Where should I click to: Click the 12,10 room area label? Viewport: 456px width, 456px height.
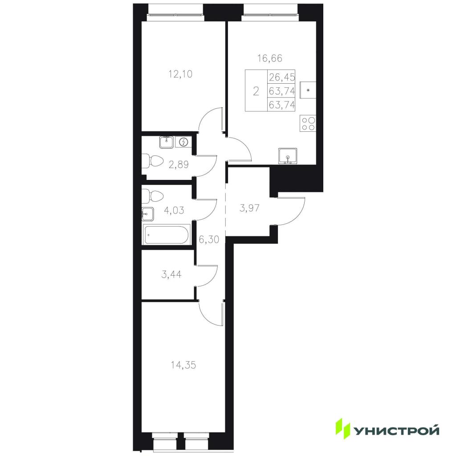181,74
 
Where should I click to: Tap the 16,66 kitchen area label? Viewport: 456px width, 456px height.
270,58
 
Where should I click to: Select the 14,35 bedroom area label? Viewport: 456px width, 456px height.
183,365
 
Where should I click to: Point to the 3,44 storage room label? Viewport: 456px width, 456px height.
171,274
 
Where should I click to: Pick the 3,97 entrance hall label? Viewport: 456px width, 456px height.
249,208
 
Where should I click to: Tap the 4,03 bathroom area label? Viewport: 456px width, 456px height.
174,210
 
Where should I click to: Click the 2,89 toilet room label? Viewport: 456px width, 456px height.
179,165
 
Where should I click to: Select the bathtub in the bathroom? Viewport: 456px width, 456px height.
167,234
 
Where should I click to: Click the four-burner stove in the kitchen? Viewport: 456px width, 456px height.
308,124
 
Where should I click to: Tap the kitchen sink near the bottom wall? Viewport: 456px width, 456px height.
288,156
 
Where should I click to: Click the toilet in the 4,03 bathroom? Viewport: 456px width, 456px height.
152,196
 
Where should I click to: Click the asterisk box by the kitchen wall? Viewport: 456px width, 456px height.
308,90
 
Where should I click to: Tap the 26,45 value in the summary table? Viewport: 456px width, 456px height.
282,77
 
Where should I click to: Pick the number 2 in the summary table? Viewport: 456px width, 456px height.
256,92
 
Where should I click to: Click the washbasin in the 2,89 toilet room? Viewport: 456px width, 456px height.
167,142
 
